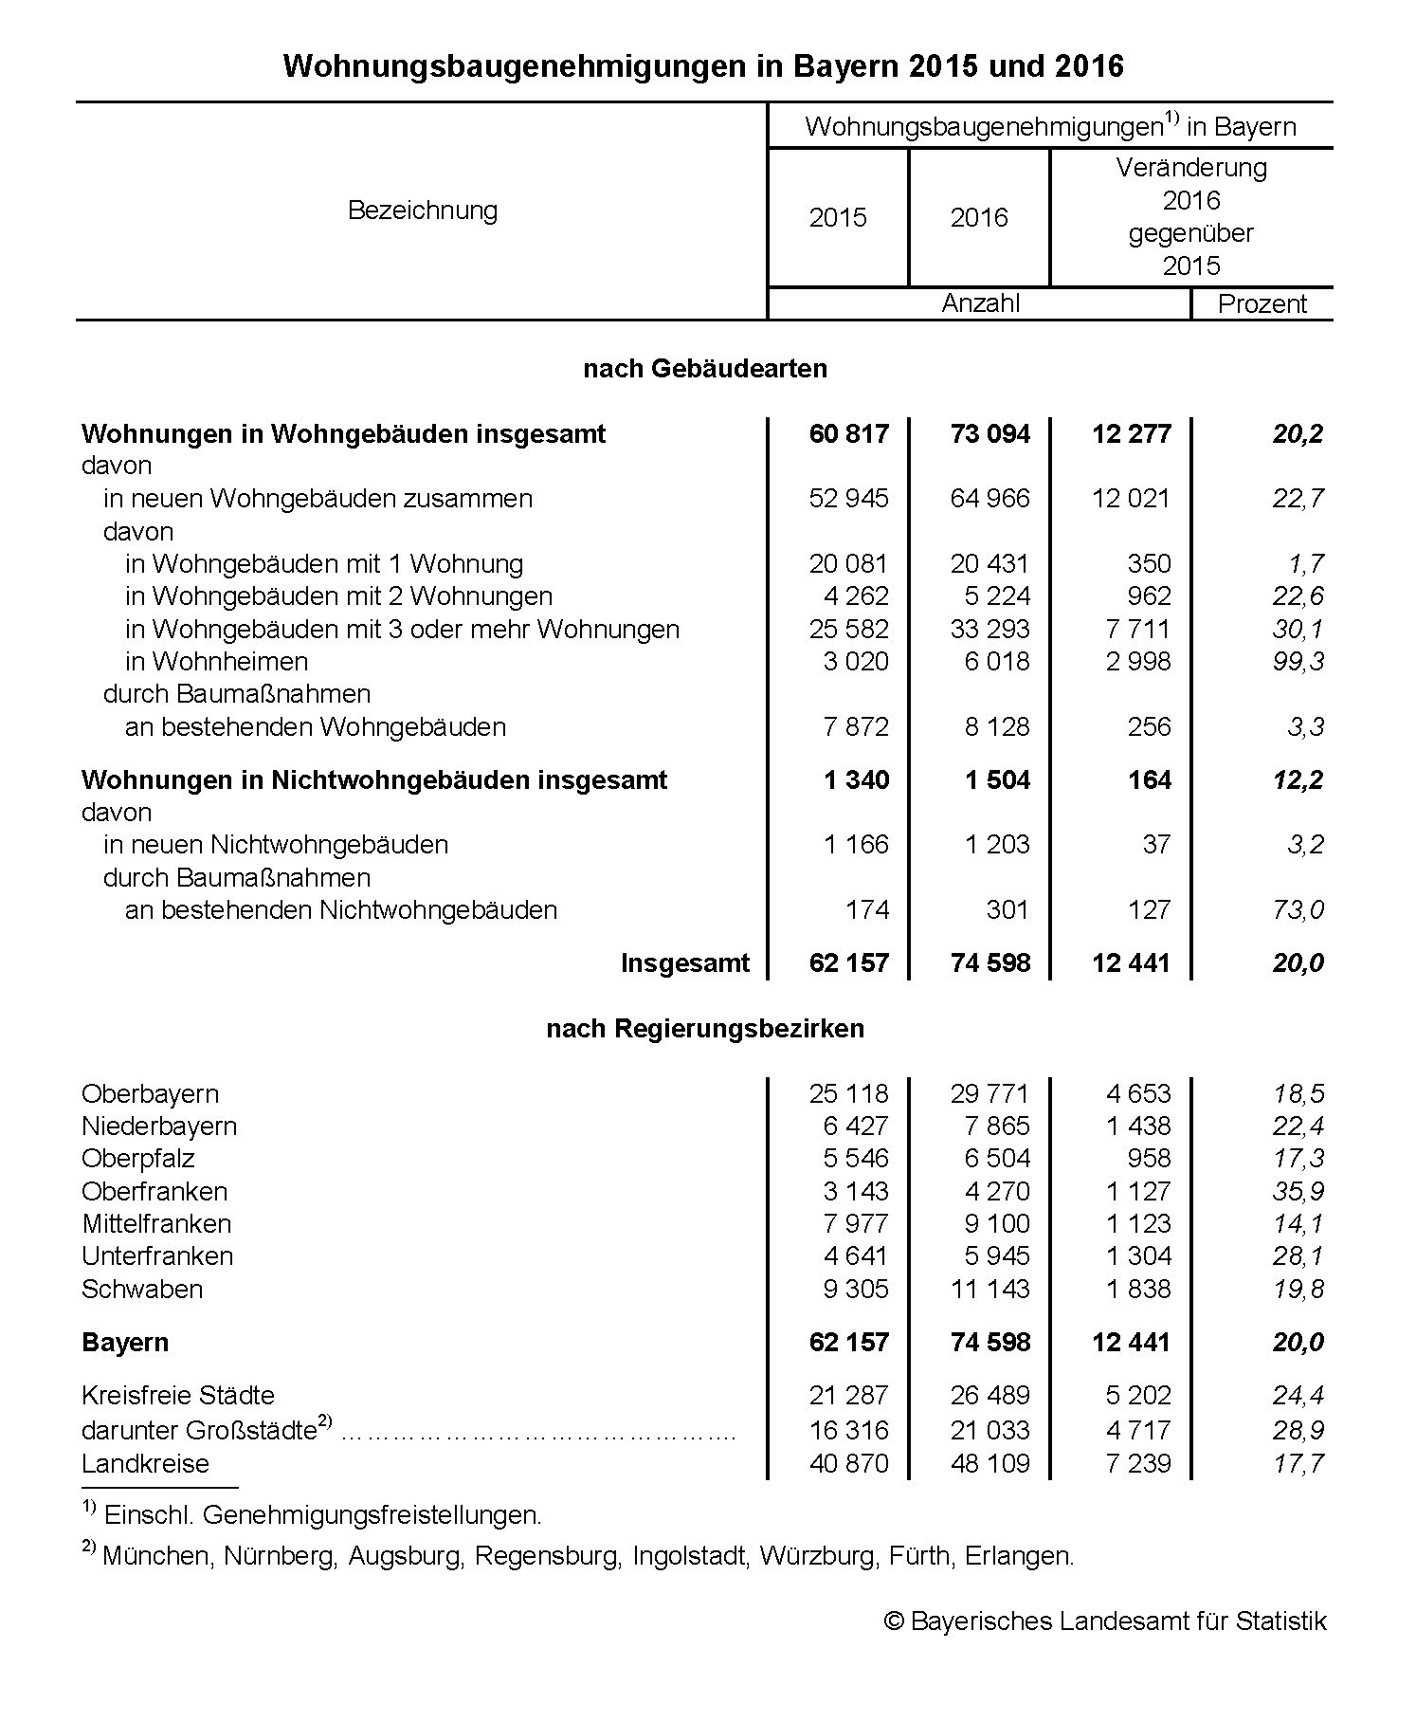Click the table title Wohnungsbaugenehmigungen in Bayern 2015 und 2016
[x=703, y=66]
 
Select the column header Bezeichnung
[x=423, y=210]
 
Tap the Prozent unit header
[x=1262, y=304]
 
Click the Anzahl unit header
[x=980, y=303]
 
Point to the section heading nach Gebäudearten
[x=705, y=368]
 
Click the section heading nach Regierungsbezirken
[x=705, y=1028]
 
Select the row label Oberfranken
[x=154, y=1191]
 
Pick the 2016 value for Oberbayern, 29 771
[x=989, y=1093]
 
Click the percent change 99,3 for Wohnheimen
[x=1298, y=661]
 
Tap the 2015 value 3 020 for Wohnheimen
[x=856, y=661]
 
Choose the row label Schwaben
[x=142, y=1289]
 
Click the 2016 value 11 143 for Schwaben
[x=989, y=1289]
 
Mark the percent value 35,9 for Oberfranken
[x=1298, y=1191]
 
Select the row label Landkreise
[x=145, y=1463]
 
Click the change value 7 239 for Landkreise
[x=1138, y=1463]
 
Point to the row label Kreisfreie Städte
[x=178, y=1395]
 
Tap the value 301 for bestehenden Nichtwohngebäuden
[x=1007, y=909]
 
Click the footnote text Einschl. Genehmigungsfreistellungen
[x=323, y=1514]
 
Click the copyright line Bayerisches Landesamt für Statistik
[x=1105, y=1621]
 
